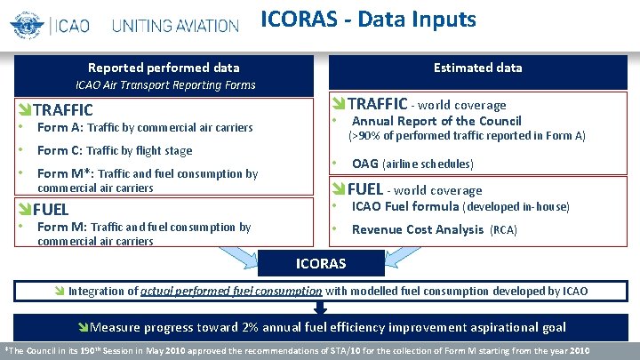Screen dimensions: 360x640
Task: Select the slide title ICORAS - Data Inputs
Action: [x=368, y=19]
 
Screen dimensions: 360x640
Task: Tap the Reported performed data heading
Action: [x=163, y=68]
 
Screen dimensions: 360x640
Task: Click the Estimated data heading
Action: [x=477, y=68]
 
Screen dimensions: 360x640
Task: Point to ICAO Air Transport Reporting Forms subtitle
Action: [x=165, y=85]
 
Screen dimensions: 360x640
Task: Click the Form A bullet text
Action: [x=145, y=128]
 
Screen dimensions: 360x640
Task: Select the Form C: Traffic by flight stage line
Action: [x=115, y=150]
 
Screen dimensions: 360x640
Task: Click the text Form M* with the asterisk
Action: [x=58, y=173]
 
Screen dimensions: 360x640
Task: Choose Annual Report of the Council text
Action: [x=436, y=121]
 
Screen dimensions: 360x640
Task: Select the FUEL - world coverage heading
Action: [x=414, y=189]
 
